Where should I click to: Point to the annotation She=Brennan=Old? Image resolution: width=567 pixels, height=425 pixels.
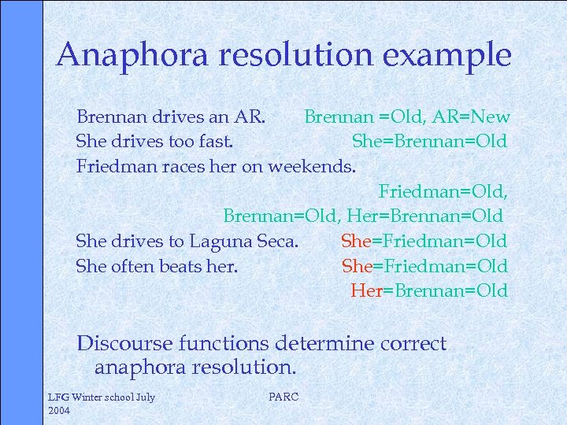[x=429, y=142]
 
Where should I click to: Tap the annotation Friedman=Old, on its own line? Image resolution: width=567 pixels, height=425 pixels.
[x=443, y=191]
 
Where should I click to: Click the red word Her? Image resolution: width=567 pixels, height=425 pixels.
[x=366, y=290]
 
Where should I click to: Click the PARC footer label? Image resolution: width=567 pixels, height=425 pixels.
[x=283, y=397]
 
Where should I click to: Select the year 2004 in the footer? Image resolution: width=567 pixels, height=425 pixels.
[x=60, y=411]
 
